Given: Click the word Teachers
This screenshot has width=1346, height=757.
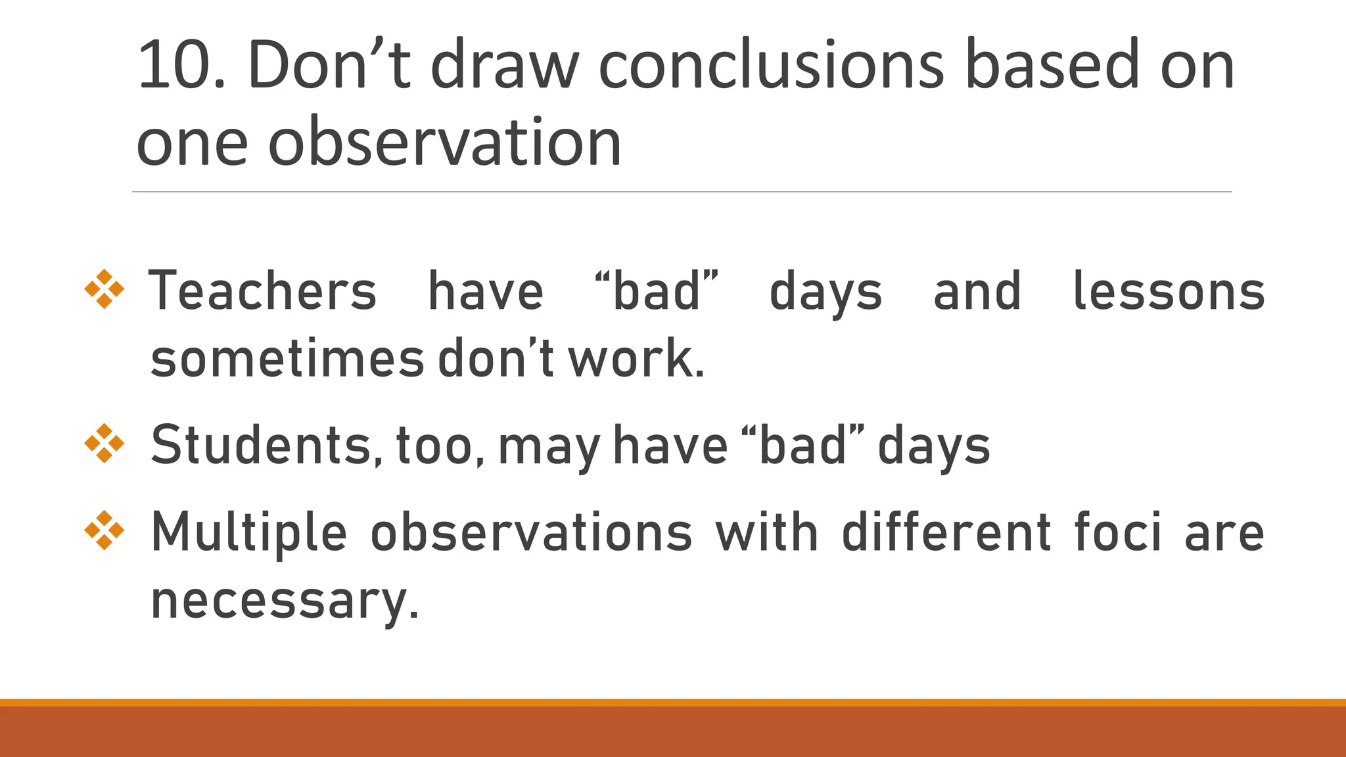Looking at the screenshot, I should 263,291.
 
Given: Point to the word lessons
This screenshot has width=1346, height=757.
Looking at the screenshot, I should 1169,291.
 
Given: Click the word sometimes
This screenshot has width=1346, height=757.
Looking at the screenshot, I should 287,359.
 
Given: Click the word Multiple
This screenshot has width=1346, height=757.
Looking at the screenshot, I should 248,532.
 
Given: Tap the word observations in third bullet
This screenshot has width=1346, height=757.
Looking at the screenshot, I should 531,532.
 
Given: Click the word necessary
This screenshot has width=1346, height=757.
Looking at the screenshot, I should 284,601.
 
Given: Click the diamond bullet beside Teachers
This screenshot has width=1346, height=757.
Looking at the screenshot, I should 104,289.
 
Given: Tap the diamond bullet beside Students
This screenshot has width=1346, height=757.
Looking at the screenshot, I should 104,444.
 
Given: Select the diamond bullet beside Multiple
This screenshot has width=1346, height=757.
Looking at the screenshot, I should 104,530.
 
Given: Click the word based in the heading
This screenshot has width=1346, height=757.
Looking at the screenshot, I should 1052,66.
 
